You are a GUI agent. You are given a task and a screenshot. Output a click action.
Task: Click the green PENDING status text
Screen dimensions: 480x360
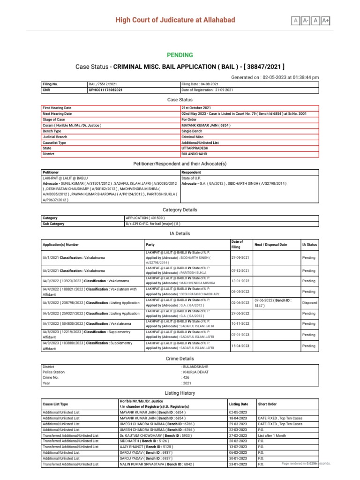pos(180,55)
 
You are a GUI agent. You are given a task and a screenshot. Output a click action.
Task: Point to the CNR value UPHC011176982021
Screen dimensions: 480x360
pos(106,90)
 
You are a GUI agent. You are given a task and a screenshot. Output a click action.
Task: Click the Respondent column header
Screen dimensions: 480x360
pos(191,172)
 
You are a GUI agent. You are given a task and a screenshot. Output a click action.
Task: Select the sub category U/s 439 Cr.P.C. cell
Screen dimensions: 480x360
pos(153,224)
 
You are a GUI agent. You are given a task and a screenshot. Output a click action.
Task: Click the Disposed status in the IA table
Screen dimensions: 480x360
pos(309,303)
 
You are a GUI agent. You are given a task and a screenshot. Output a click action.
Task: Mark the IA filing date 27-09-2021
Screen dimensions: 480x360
pos(240,257)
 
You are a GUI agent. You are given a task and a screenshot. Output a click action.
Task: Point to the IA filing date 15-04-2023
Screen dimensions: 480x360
pos(240,346)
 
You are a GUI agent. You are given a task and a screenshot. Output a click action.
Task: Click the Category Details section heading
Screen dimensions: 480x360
pos(180,210)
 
